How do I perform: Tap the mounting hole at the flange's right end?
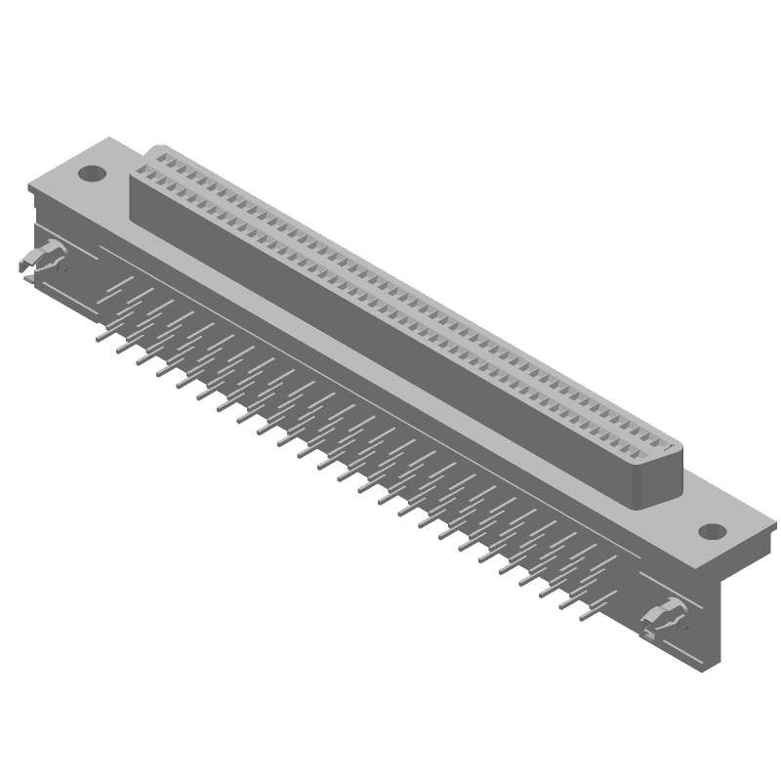click(712, 532)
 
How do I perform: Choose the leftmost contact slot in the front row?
click(144, 177)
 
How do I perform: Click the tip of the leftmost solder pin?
click(99, 339)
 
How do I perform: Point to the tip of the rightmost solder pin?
click(582, 618)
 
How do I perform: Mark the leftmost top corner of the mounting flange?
click(26, 184)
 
